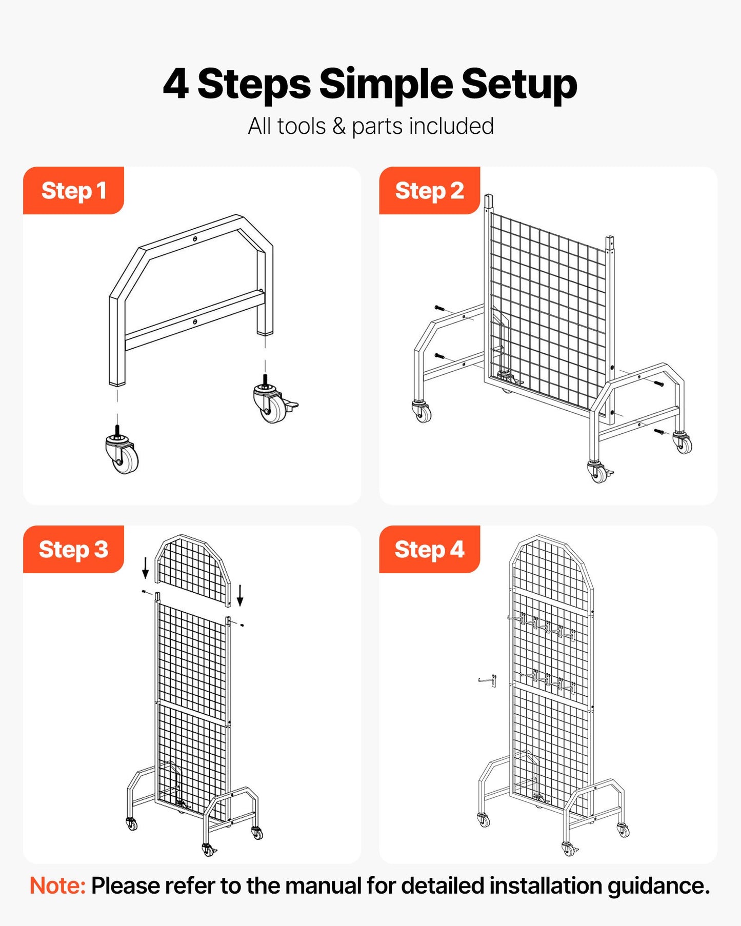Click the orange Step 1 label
point(73,191)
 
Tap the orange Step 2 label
point(429,191)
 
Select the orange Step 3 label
point(73,550)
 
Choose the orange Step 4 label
point(429,550)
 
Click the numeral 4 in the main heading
point(175,84)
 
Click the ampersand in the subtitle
point(338,127)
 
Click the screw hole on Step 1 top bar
point(195,239)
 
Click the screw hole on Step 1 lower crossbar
point(195,321)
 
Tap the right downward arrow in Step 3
point(239,595)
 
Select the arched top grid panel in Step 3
point(193,569)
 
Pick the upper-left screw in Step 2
point(440,309)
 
